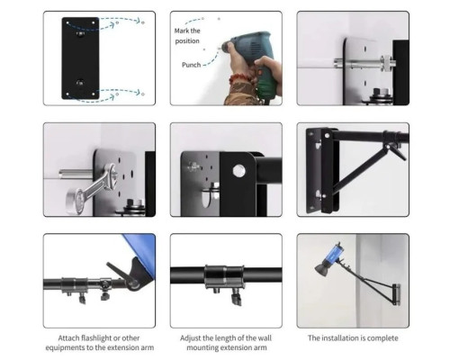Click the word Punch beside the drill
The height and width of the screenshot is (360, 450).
pyautogui.click(x=191, y=65)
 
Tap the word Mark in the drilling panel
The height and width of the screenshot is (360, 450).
pyautogui.click(x=181, y=31)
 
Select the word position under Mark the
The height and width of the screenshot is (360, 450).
pyautogui.click(x=187, y=40)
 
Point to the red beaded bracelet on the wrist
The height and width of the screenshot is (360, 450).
pyautogui.click(x=240, y=79)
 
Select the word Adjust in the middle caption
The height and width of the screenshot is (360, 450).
pyautogui.click(x=191, y=338)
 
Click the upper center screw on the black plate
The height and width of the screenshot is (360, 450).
pyautogui.click(x=80, y=33)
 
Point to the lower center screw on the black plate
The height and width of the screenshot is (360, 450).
pyautogui.click(x=80, y=83)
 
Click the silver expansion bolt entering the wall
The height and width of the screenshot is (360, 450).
pyautogui.click(x=364, y=64)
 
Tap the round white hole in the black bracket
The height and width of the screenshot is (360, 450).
pyautogui.click(x=238, y=171)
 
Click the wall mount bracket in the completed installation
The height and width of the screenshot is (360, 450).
pyautogui.click(x=397, y=294)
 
